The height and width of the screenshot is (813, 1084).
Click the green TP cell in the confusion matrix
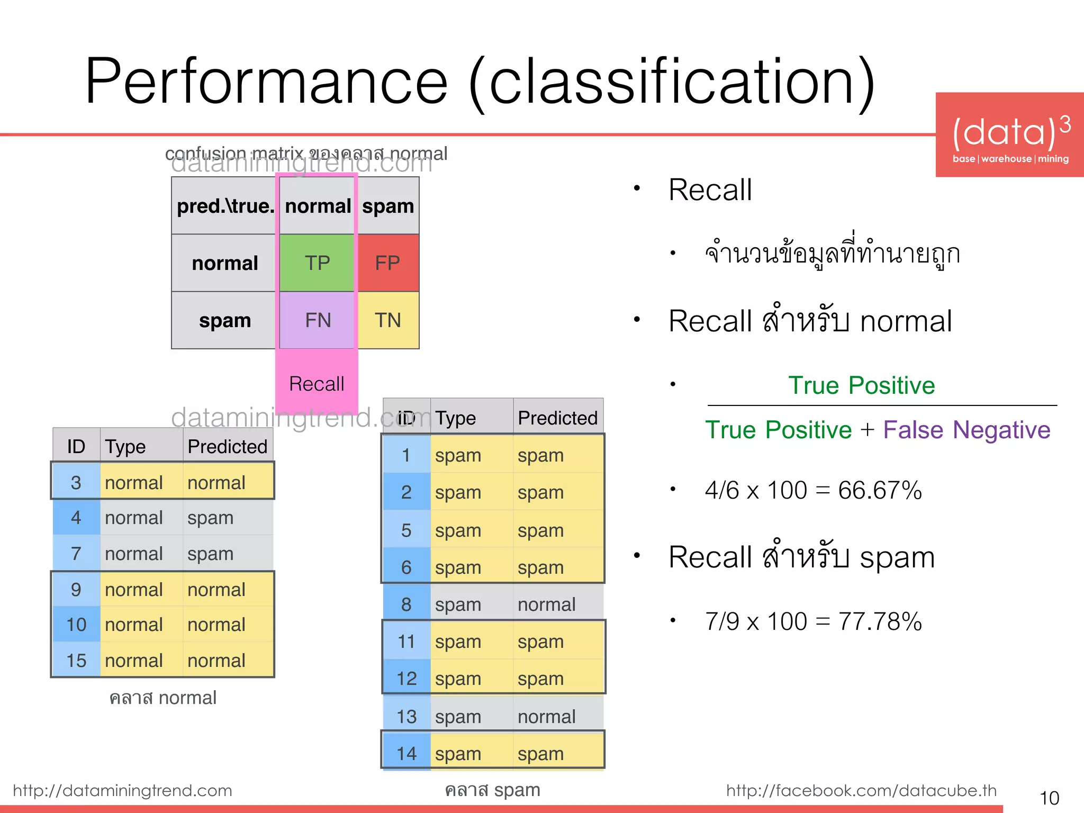click(317, 263)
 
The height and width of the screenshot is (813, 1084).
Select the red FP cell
click(388, 263)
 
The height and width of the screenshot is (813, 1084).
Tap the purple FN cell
click(317, 320)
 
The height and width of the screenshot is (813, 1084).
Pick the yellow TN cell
click(388, 320)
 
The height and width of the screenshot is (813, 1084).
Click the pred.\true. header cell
click(225, 206)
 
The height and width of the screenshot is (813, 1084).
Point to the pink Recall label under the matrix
click(317, 384)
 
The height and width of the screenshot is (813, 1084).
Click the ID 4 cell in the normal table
click(76, 518)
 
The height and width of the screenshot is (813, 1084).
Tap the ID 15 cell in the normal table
click(76, 661)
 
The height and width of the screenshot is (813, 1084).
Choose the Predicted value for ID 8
click(546, 604)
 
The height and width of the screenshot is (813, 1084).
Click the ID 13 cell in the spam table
click(406, 717)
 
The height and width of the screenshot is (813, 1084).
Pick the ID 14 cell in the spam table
click(406, 754)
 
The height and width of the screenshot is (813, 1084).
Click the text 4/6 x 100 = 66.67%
click(813, 490)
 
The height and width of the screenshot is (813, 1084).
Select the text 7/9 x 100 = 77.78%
click(813, 621)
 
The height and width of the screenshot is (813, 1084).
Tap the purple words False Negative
click(966, 430)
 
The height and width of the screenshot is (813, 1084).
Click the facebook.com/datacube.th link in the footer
click(861, 791)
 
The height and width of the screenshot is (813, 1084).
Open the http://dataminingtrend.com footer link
click(122, 791)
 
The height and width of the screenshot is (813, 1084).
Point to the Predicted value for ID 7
click(210, 554)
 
